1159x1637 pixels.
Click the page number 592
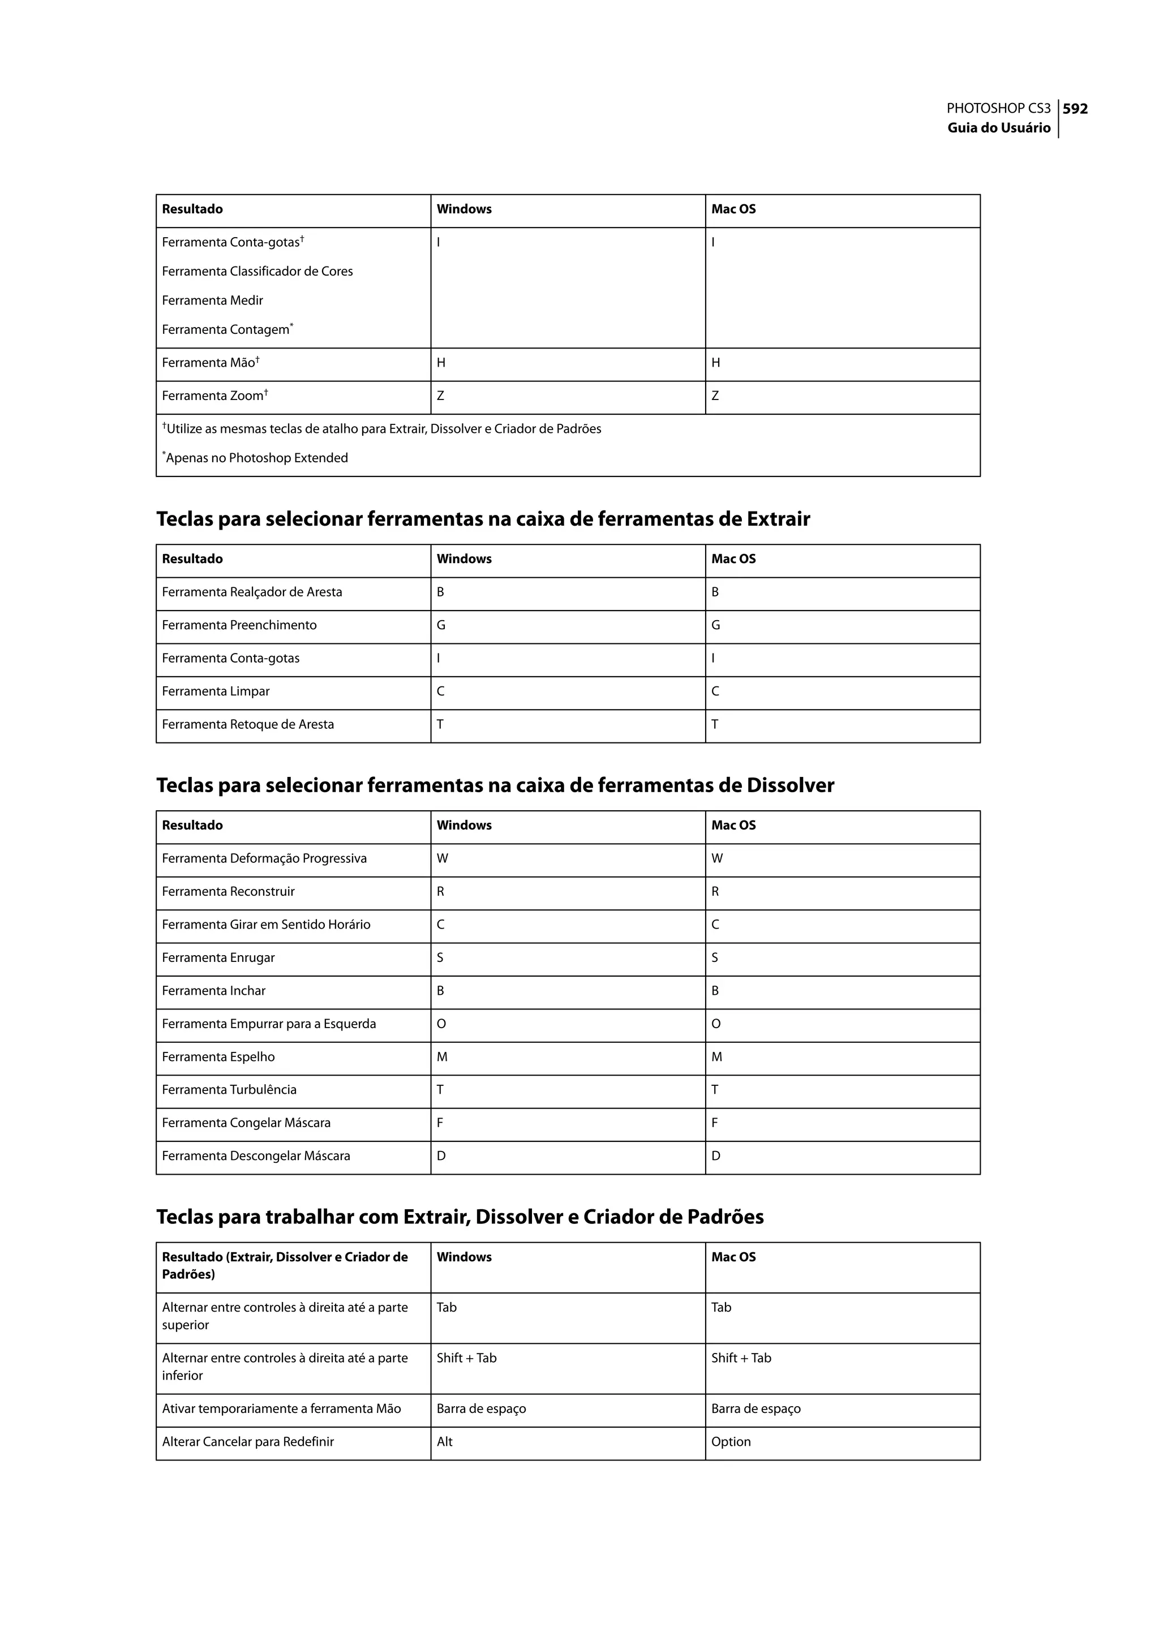(1075, 109)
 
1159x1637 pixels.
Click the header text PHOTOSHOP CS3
(998, 109)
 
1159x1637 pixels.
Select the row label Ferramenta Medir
(212, 300)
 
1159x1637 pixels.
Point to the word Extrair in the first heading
(778, 519)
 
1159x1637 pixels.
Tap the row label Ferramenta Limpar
(216, 691)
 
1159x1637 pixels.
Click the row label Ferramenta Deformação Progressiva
(264, 858)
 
